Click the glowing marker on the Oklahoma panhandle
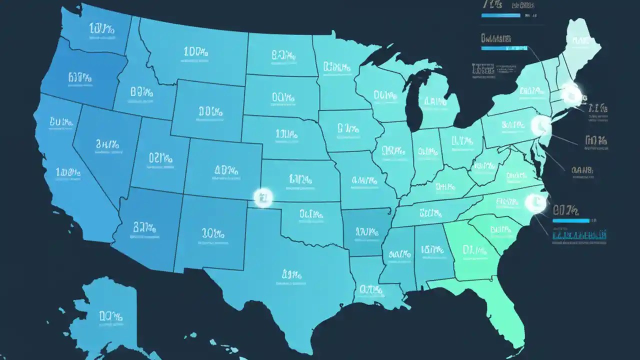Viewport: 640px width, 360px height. click(x=263, y=198)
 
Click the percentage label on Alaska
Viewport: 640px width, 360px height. click(x=110, y=316)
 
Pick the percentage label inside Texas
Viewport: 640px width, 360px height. click(x=291, y=274)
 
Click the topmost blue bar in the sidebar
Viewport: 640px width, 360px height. click(x=500, y=16)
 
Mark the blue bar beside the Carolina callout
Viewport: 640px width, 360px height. click(x=571, y=220)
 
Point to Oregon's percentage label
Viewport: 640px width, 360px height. click(x=79, y=77)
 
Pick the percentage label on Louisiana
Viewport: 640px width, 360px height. click(x=370, y=289)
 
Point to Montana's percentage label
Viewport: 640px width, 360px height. click(x=194, y=51)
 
